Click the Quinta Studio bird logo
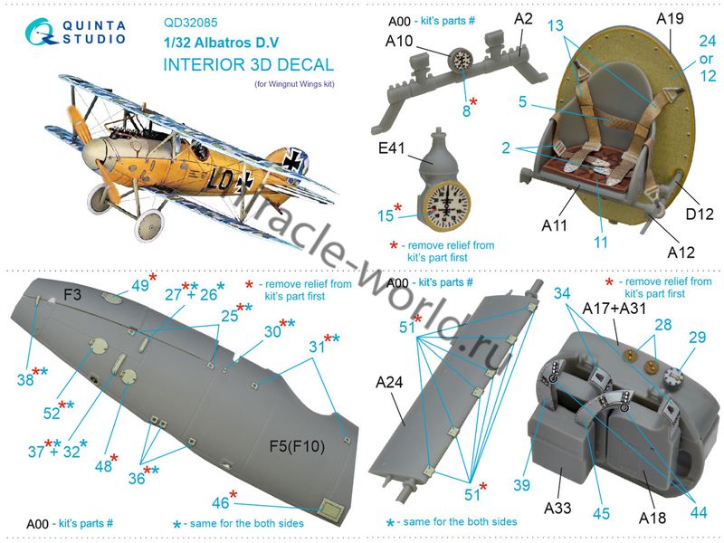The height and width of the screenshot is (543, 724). pyautogui.click(x=42, y=32)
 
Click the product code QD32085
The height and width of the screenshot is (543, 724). pyautogui.click(x=191, y=23)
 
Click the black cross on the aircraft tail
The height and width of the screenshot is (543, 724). pyautogui.click(x=291, y=160)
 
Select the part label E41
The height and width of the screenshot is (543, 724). pyautogui.click(x=392, y=148)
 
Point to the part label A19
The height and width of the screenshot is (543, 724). pyautogui.click(x=670, y=18)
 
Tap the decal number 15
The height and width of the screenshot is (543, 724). pyautogui.click(x=386, y=215)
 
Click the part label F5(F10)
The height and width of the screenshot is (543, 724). pyautogui.click(x=297, y=446)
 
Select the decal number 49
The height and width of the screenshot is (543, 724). pyautogui.click(x=140, y=286)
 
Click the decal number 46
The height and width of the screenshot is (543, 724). pyautogui.click(x=220, y=502)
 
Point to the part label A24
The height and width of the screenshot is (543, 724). pyautogui.click(x=389, y=382)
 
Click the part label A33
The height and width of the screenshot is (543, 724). pyautogui.click(x=557, y=508)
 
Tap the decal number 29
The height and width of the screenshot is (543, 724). pyautogui.click(x=697, y=337)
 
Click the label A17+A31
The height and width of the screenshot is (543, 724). pyautogui.click(x=614, y=308)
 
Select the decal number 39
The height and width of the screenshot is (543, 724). pyautogui.click(x=522, y=485)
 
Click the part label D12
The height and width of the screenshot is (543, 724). pyautogui.click(x=700, y=214)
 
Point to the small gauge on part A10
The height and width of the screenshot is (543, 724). pyautogui.click(x=462, y=59)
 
